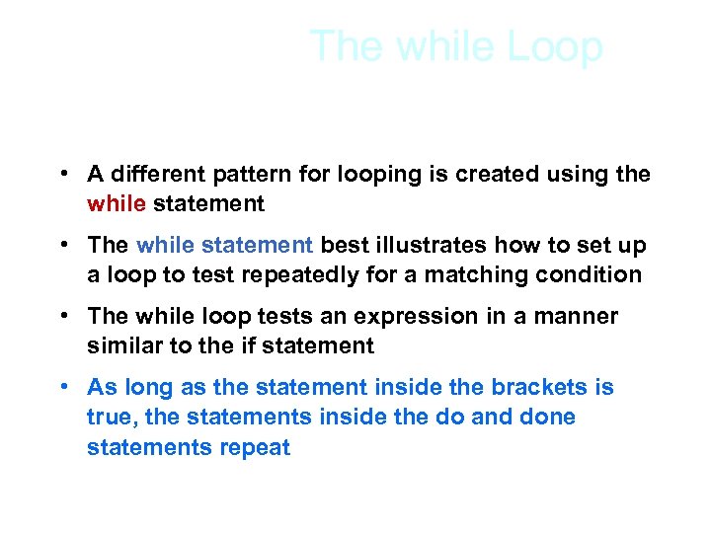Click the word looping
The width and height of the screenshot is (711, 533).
[370, 176]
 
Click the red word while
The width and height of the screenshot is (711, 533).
[117, 204]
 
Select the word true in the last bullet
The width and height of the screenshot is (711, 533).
[108, 417]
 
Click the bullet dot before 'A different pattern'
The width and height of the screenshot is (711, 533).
[62, 175]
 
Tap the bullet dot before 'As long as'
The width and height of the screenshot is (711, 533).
[62, 387]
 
